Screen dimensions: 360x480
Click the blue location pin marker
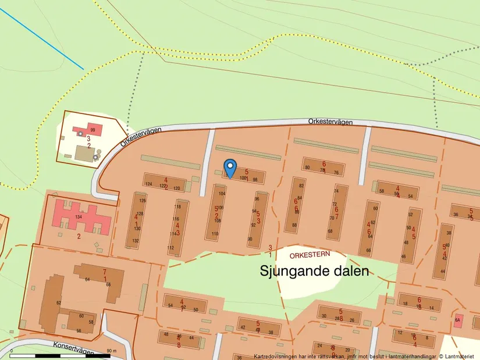coord(230,167)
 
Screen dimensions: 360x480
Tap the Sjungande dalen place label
coord(314,271)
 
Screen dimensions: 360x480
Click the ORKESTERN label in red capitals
coord(310,254)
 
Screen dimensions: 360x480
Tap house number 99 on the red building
coord(93,130)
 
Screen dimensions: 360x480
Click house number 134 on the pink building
coord(77,216)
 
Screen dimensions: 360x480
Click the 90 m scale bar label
coord(112,351)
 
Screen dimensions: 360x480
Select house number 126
coord(143,201)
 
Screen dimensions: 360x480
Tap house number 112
coord(170,248)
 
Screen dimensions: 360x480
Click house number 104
coord(222,193)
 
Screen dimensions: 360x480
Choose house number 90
coord(250,239)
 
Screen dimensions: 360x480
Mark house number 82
coord(301,186)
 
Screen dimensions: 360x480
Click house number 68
coord(330,231)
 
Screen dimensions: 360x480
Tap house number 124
coord(148,184)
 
